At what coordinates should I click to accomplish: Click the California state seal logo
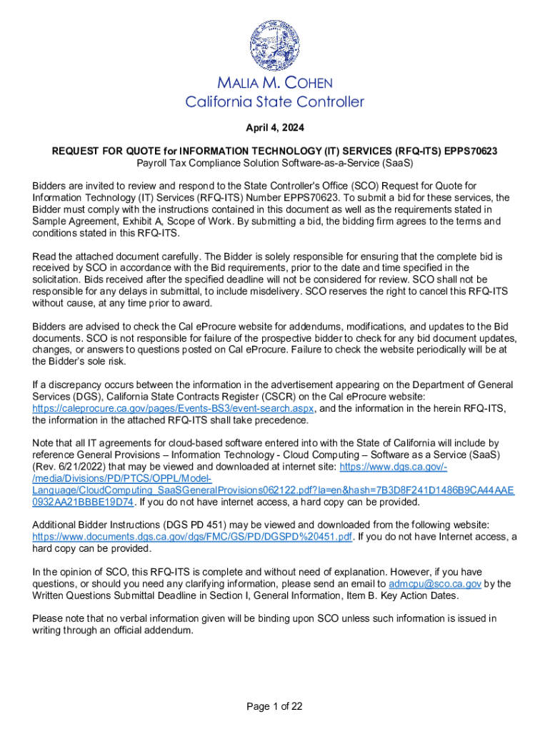click(275, 44)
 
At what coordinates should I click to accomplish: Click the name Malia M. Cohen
click(275, 84)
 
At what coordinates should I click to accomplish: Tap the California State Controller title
click(275, 102)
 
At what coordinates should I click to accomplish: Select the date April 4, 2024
click(275, 129)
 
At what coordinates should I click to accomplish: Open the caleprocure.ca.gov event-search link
click(174, 408)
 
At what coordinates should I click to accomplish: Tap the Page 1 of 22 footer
click(275, 707)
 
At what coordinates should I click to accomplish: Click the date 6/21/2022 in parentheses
click(69, 467)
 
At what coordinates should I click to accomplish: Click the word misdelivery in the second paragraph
click(291, 291)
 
